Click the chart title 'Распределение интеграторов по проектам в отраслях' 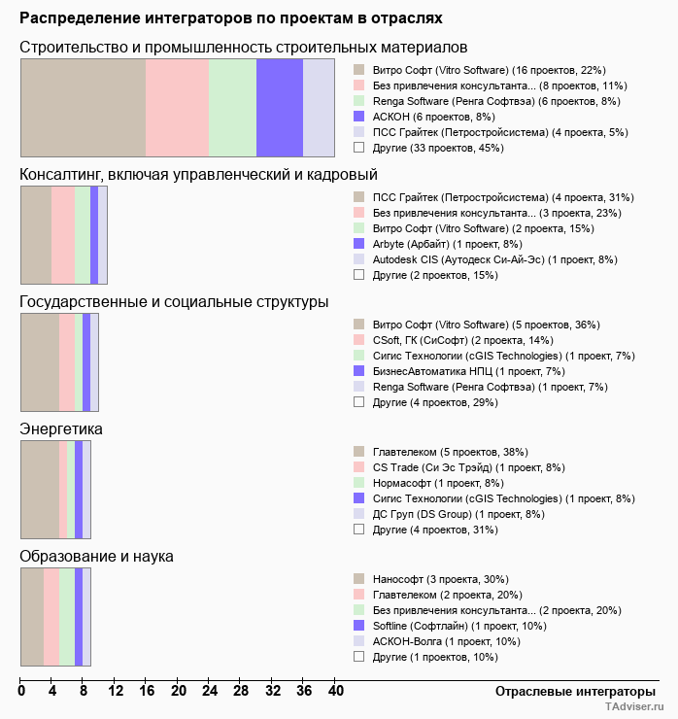click(x=230, y=17)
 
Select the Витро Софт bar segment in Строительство click(x=83, y=107)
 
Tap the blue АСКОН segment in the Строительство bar click(x=280, y=107)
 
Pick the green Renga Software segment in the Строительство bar click(x=232, y=107)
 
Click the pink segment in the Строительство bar click(x=177, y=107)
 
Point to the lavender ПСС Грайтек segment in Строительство click(x=319, y=107)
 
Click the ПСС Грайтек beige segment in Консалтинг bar click(x=36, y=234)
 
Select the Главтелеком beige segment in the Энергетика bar click(x=40, y=489)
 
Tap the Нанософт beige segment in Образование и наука click(x=32, y=616)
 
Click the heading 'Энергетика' click(x=61, y=429)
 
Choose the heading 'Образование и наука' click(x=96, y=557)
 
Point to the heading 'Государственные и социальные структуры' click(x=174, y=302)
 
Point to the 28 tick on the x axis click(x=240, y=691)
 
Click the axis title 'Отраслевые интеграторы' click(x=568, y=691)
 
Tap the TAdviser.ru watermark click(x=635, y=708)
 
